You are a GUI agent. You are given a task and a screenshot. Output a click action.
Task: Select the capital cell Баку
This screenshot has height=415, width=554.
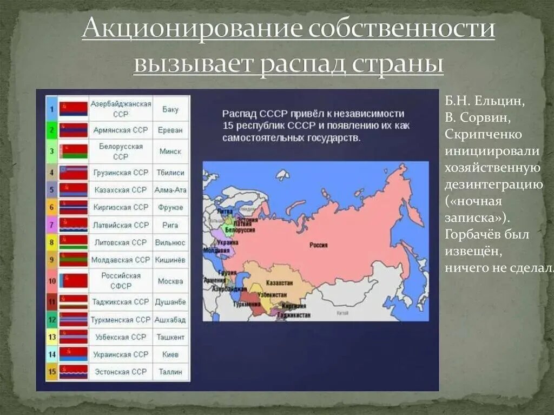point(170,109)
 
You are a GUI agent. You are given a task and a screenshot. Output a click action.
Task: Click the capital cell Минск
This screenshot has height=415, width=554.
point(170,151)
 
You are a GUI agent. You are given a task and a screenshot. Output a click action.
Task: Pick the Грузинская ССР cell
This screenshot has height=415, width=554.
point(120,173)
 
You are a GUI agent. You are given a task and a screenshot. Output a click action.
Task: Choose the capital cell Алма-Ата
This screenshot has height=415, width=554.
point(170,190)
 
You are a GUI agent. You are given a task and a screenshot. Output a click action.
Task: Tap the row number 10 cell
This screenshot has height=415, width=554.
point(52,281)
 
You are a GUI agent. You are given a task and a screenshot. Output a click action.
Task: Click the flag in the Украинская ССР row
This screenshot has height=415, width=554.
point(73,354)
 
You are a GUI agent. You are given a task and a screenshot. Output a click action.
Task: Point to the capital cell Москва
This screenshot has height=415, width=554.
point(170,281)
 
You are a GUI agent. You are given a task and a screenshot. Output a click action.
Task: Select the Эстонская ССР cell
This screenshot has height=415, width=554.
point(120,372)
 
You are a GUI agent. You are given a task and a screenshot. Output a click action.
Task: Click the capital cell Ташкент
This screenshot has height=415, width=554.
point(170,337)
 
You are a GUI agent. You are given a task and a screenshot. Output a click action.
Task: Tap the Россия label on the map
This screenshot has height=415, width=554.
point(318,245)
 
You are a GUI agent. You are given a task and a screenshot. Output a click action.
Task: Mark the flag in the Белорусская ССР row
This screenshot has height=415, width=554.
point(73,151)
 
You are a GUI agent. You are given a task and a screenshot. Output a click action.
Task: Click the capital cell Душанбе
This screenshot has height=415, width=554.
point(170,301)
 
